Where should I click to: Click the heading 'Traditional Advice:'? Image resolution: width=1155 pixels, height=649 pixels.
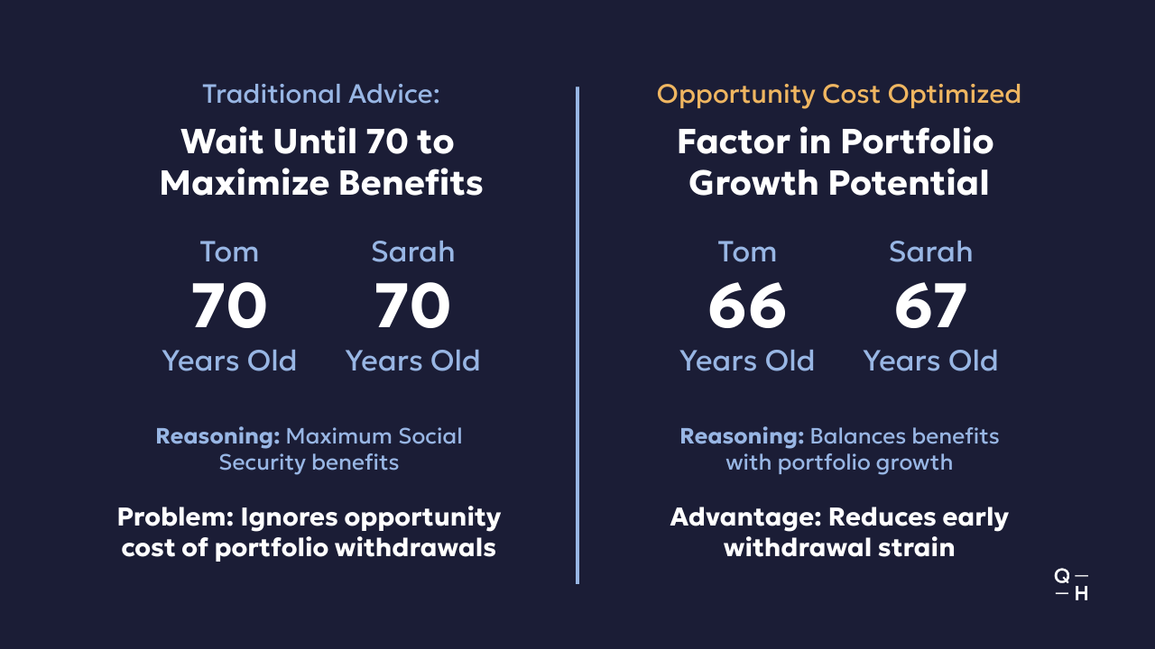coord(321,95)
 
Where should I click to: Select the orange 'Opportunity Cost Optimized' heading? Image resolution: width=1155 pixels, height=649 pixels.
coord(839,96)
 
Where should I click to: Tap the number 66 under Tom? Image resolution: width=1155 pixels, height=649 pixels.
coord(747,306)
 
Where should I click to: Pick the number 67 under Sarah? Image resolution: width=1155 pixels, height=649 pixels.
coord(930,306)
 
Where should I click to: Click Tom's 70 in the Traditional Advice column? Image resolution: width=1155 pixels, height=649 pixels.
coord(229,306)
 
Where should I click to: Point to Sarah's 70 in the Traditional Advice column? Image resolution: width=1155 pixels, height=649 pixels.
coord(412,306)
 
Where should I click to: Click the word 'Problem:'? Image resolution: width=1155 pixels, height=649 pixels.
coord(176,516)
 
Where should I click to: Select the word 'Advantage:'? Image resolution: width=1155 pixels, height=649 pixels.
coord(745,517)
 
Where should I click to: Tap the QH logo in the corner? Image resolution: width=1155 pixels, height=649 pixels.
coord(1071,585)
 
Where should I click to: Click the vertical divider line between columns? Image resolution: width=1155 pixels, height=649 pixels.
coord(577,334)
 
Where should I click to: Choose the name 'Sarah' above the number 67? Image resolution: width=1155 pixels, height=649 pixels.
coord(930,251)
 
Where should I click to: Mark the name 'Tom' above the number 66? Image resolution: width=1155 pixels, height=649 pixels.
coord(747,251)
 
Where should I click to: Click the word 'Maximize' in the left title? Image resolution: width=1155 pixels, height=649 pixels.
coord(245,183)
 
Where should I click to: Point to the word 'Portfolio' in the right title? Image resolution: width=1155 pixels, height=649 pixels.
coord(916,142)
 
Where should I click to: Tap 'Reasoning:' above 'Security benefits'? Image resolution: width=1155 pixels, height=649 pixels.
coord(218,436)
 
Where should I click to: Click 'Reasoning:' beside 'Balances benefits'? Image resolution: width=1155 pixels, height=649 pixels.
coord(742,436)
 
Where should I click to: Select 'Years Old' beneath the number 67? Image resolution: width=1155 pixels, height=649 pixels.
coord(930,361)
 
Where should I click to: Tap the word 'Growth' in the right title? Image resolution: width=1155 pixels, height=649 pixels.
coord(753,183)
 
